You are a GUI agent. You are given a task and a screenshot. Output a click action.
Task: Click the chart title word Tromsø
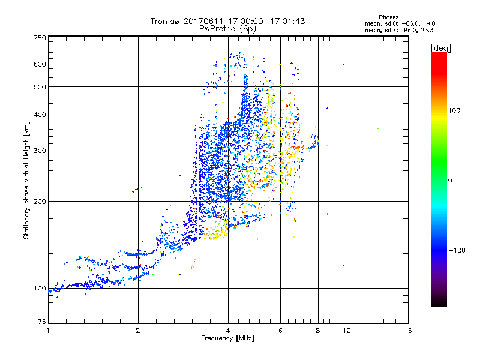click(165, 21)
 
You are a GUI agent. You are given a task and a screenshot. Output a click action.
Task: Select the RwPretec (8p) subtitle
click(227, 28)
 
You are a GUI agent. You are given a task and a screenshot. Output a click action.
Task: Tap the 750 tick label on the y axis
click(40, 37)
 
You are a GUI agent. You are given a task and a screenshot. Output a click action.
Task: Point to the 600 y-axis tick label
click(40, 64)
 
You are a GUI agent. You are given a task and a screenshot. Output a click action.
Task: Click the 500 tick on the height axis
click(40, 87)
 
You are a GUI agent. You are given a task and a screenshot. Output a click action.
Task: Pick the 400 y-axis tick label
click(40, 115)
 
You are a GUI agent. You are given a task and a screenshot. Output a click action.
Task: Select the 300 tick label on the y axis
click(40, 151)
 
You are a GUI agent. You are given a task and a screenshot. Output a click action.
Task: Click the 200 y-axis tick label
click(40, 202)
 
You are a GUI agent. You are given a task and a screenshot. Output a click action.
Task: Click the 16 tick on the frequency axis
click(408, 331)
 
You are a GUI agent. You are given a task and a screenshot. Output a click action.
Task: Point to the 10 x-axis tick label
click(346, 331)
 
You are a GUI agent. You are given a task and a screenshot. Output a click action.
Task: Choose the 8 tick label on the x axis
click(318, 331)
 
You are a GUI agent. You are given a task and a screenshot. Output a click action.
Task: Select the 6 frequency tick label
click(280, 331)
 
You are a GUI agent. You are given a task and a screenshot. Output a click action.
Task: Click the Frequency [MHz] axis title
click(227, 339)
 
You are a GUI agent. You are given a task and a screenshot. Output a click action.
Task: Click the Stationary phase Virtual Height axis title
click(26, 180)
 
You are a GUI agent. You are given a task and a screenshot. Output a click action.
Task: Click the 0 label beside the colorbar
click(450, 180)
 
